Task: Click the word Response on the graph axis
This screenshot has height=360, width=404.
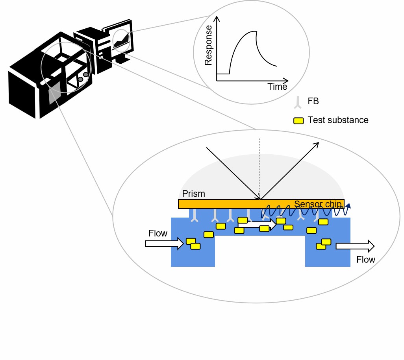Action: pos(209,45)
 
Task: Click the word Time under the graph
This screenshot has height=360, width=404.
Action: pos(277,87)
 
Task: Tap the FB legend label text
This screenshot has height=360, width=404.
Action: pos(313,101)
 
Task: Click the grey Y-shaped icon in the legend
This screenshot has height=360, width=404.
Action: pos(298,102)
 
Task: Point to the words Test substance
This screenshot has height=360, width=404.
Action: pos(338,120)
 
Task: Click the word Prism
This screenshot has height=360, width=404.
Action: pos(194,194)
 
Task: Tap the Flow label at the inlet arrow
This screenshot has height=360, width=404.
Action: pos(158,233)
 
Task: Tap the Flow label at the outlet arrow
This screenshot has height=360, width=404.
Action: pos(366,259)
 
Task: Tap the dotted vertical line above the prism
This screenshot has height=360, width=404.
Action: pos(260,165)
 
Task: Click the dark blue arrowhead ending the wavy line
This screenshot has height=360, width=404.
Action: pos(348,205)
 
